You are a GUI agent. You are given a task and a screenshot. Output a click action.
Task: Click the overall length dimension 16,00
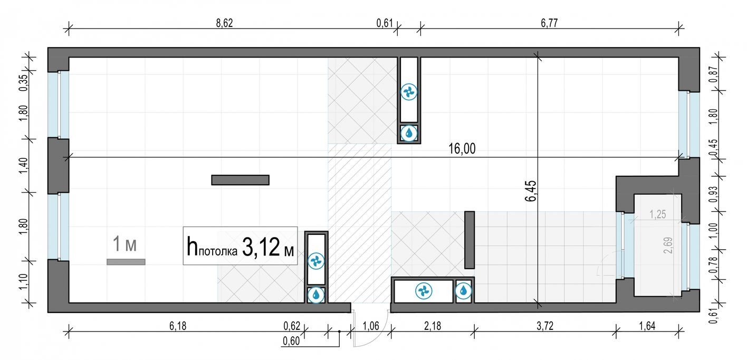[462, 149]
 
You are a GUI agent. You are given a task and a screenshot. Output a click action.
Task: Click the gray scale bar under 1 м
[126, 261]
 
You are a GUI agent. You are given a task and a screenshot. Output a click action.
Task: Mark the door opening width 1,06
[371, 326]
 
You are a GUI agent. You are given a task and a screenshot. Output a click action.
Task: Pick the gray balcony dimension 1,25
[657, 215]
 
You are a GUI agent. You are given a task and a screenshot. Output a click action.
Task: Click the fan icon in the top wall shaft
[409, 92]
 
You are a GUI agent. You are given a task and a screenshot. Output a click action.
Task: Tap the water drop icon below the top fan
[409, 133]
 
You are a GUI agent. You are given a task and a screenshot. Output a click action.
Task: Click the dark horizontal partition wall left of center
[240, 180]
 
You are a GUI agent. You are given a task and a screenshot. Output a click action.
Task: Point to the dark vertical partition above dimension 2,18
[469, 240]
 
